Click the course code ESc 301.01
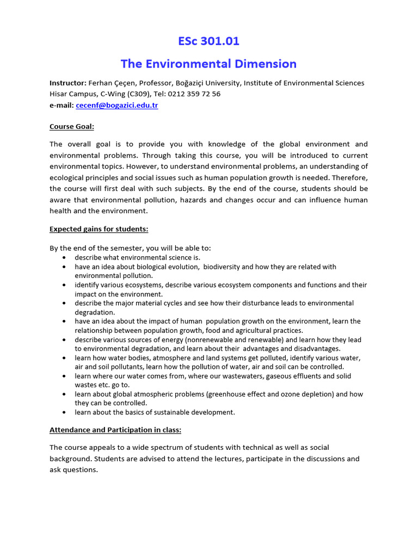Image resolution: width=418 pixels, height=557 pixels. [208, 41]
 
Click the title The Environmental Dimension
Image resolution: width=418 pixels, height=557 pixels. [208, 64]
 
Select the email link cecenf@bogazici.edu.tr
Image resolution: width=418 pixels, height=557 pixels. [117, 105]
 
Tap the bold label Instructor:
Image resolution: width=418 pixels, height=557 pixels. [68, 83]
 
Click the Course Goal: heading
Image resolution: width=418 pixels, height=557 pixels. [72, 127]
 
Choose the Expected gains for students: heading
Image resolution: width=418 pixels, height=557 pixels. [99, 230]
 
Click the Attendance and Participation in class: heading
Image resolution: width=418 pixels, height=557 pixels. [115, 430]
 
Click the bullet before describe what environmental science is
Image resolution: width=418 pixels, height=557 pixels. [65, 257]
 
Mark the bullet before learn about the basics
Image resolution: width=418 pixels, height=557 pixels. [65, 412]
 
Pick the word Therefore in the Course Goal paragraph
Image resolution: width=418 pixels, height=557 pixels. [349, 177]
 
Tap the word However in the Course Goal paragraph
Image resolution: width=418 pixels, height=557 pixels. [199, 166]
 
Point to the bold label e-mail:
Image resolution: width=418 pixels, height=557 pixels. [62, 105]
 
